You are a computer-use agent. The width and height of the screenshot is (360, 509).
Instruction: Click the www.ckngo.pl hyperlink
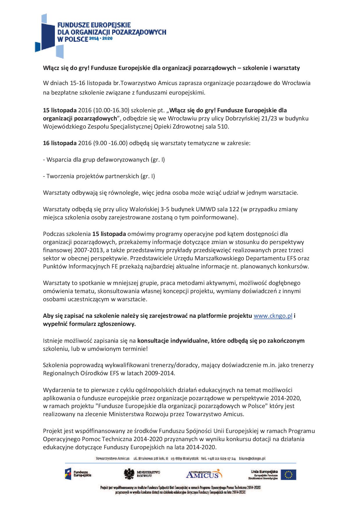[x=273, y=316]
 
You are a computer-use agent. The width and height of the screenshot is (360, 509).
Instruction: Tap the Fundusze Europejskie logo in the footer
[x=78, y=474]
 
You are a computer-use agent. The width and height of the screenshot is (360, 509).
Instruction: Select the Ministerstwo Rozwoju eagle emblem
[x=128, y=474]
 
